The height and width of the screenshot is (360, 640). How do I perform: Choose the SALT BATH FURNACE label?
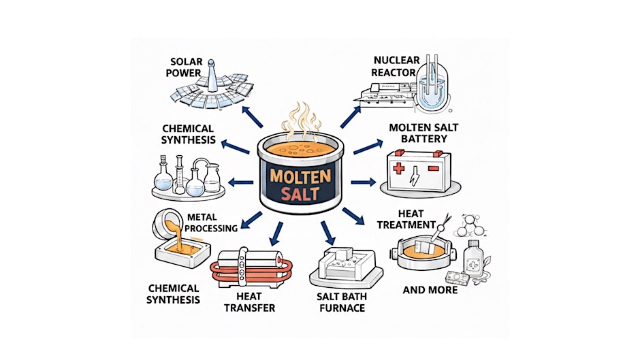[342, 302]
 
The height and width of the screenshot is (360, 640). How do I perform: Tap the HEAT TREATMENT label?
[406, 219]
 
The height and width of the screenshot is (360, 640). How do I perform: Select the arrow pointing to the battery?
[362, 182]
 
